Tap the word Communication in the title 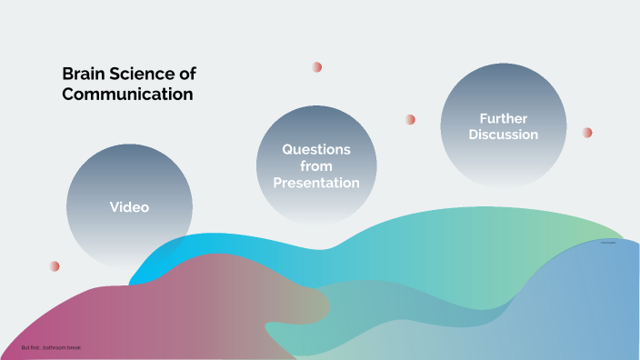point(127,94)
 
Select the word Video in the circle point(129,207)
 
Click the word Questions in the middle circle point(316,149)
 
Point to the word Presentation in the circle point(316,183)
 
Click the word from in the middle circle point(316,166)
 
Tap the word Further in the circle point(504,118)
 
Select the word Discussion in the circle point(504,135)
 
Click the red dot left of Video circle point(55,266)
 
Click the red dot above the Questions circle point(317,67)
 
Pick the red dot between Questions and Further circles point(410,119)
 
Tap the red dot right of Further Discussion point(587,133)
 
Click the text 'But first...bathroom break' point(51,348)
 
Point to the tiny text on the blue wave point(610,243)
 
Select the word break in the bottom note point(75,348)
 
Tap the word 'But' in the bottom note point(25,348)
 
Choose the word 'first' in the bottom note point(35,348)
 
